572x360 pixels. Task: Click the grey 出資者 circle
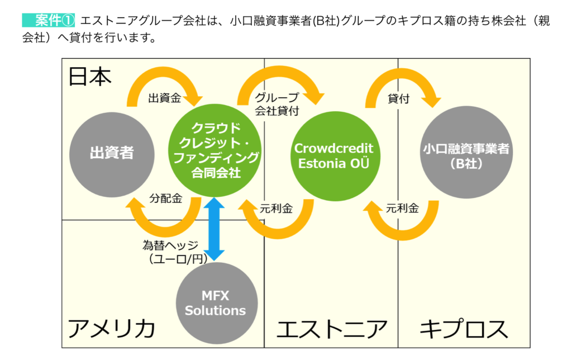tap(112, 155)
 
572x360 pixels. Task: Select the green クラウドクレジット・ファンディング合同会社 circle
tap(215, 150)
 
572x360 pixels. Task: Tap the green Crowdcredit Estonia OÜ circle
tap(335, 157)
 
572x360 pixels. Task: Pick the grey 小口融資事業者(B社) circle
tap(466, 152)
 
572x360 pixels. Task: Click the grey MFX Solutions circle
tap(217, 303)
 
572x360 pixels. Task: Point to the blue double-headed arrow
tap(214, 229)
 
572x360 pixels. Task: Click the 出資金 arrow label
tap(165, 98)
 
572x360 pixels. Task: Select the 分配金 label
tap(165, 198)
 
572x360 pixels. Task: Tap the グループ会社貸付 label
tap(277, 104)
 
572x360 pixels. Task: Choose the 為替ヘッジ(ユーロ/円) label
tap(174, 252)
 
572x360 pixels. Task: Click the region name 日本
tap(90, 77)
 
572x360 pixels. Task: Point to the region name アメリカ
tap(111, 328)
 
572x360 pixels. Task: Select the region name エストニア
tap(331, 329)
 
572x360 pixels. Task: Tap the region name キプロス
tap(464, 329)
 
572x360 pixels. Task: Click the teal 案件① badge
tap(49, 21)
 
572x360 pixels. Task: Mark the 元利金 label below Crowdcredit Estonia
tap(276, 209)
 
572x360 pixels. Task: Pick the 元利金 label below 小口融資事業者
tap(402, 208)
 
